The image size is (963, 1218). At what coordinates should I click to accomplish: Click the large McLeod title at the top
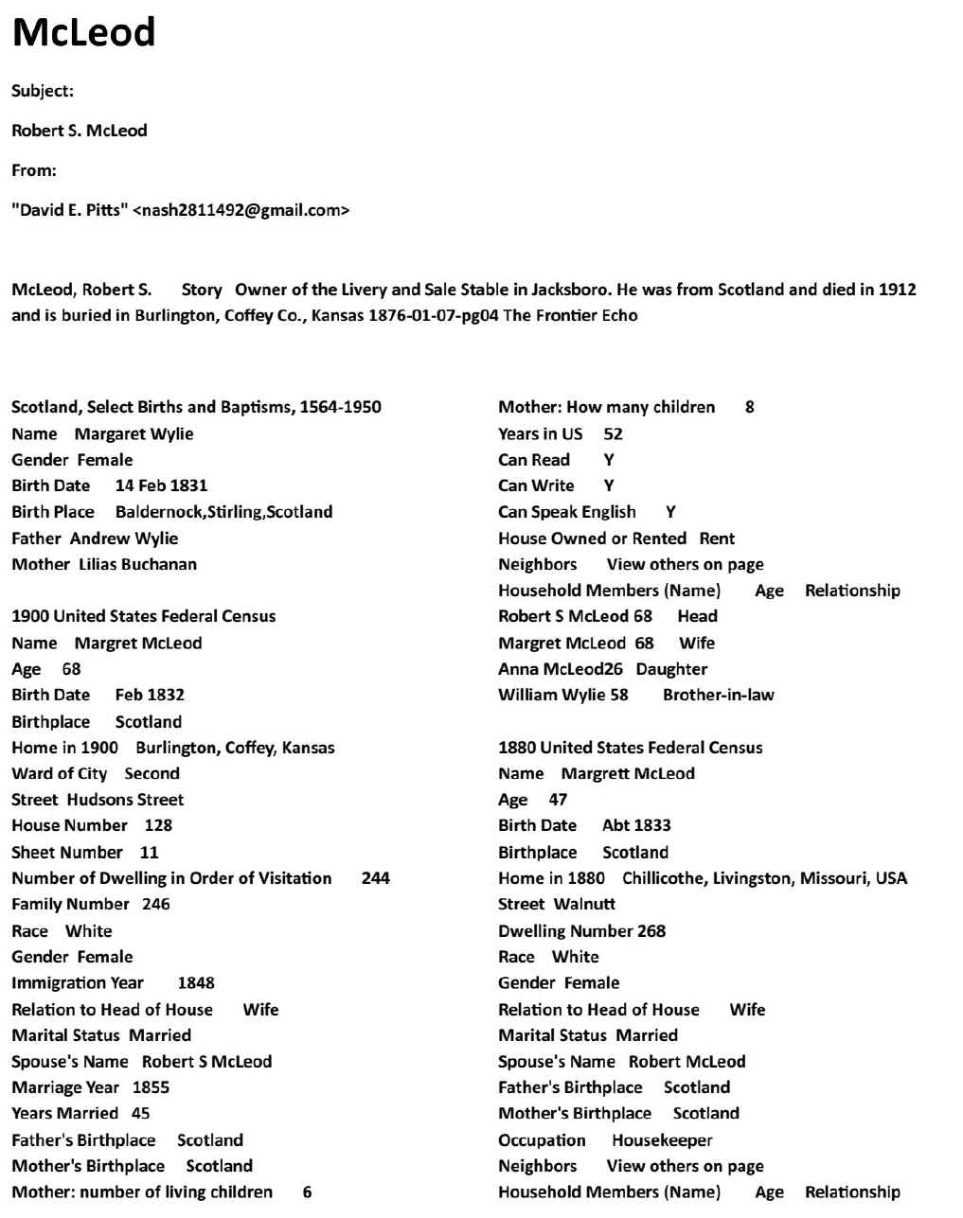pyautogui.click(x=83, y=33)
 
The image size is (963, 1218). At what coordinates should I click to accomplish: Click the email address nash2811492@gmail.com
pyautogui.click(x=241, y=210)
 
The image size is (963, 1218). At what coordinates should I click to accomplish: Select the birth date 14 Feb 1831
pyautogui.click(x=161, y=485)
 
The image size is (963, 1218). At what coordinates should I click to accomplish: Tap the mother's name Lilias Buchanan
pyautogui.click(x=137, y=564)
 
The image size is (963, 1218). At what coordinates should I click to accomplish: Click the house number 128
pyautogui.click(x=158, y=825)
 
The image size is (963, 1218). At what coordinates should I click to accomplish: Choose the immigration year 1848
pyautogui.click(x=196, y=982)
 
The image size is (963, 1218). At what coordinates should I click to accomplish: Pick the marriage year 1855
pyautogui.click(x=151, y=1087)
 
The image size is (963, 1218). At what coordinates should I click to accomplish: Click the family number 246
pyautogui.click(x=156, y=904)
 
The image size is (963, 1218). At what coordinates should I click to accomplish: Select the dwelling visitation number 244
pyautogui.click(x=376, y=878)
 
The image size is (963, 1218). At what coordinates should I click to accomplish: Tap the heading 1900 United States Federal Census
pyautogui.click(x=144, y=616)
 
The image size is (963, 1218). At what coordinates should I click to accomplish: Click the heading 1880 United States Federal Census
pyautogui.click(x=631, y=748)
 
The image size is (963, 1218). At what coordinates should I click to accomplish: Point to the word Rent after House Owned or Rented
pyautogui.click(x=717, y=538)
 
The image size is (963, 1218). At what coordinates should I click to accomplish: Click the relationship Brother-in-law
pyautogui.click(x=718, y=695)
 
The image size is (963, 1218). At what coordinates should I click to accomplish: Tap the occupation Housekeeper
pyautogui.click(x=662, y=1140)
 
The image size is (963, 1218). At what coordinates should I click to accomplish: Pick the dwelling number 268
pyautogui.click(x=651, y=930)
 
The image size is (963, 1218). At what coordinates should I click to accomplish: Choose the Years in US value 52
pyautogui.click(x=613, y=434)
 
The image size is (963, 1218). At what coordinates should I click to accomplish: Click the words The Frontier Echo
pyautogui.click(x=570, y=315)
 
